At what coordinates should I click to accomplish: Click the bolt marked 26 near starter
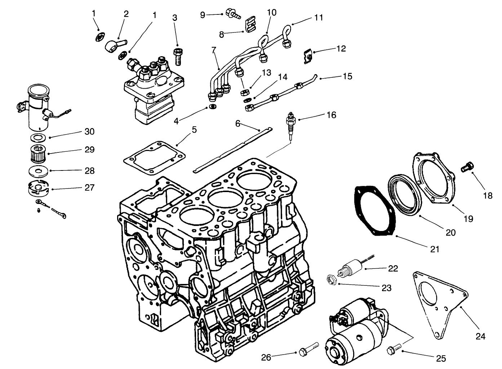click(x=309, y=348)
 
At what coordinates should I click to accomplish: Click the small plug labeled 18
click(x=467, y=167)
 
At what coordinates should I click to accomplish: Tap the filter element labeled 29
click(x=38, y=154)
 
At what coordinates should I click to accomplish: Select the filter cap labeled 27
click(x=38, y=188)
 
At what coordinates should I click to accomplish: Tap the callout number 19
click(x=468, y=218)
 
